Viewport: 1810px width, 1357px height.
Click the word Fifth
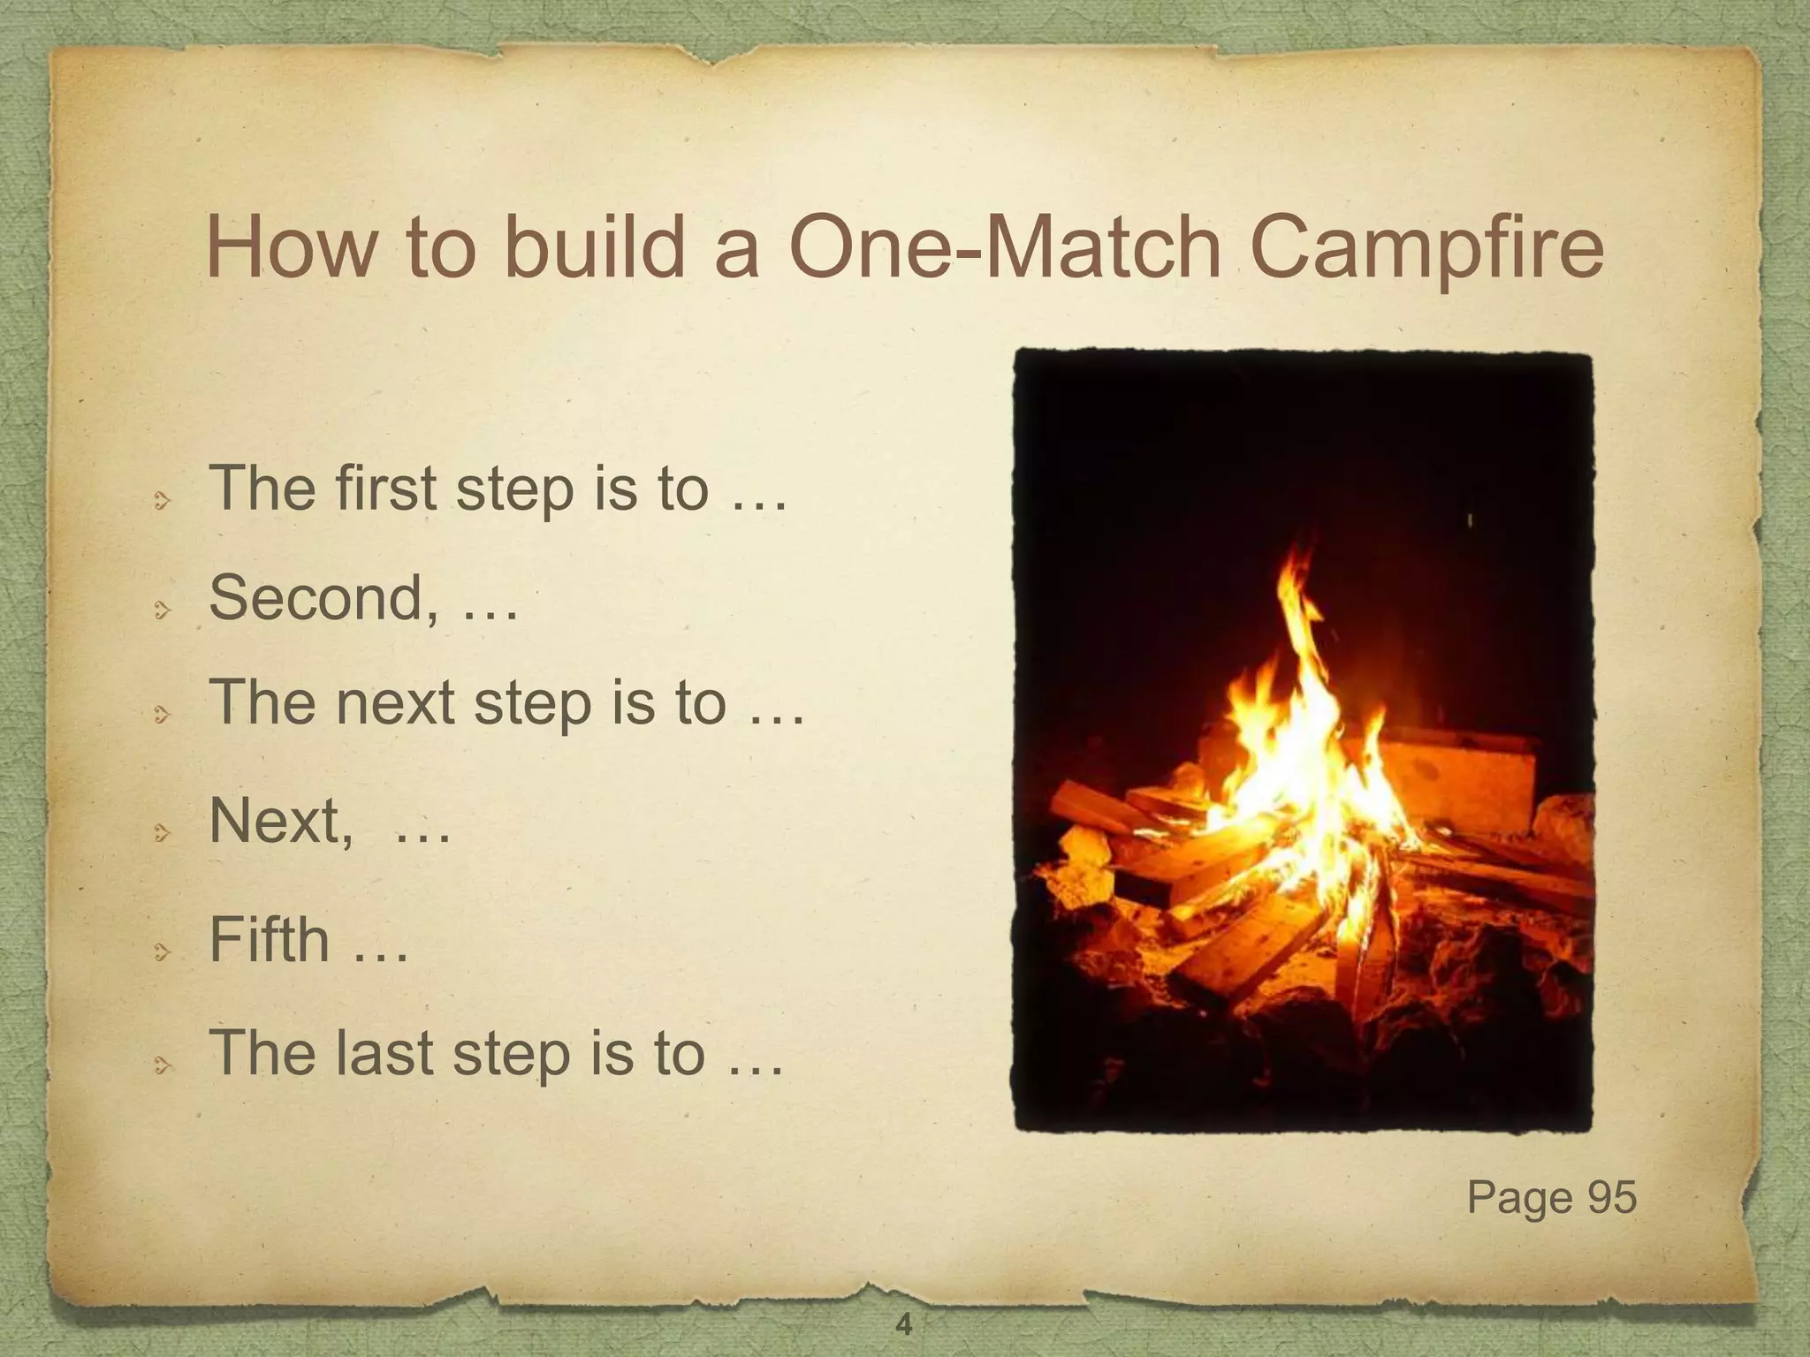click(269, 939)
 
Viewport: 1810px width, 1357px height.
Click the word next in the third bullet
click(394, 702)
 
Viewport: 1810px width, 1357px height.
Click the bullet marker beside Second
click(161, 609)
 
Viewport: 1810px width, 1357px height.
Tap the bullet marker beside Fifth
click(161, 951)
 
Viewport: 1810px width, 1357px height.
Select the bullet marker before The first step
click(161, 502)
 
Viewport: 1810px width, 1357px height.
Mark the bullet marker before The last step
click(161, 1066)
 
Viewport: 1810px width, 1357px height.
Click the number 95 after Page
click(1612, 1197)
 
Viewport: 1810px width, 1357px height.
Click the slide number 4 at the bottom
click(903, 1324)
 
